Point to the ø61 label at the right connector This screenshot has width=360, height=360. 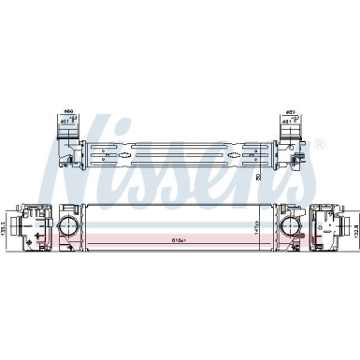tap(291, 122)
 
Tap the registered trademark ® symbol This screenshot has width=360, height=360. tap(318, 146)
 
